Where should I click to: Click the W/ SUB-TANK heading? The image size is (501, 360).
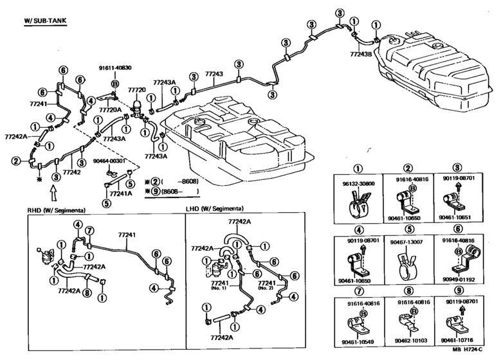click(x=45, y=21)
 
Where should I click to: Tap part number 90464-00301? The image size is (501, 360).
click(x=109, y=161)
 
